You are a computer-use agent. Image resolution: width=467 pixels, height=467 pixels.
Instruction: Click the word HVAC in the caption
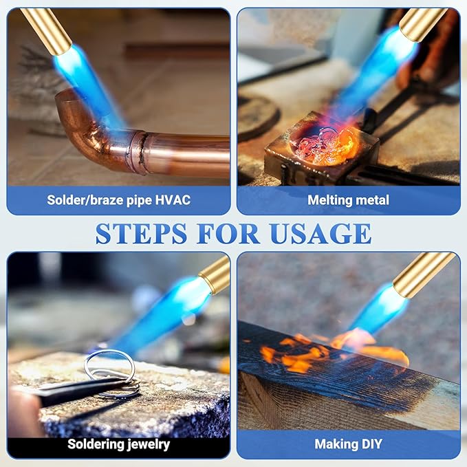tap(173, 200)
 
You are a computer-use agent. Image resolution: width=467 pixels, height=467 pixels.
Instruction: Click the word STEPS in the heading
tap(141, 234)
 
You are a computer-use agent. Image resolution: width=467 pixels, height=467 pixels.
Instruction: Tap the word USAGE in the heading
tap(321, 234)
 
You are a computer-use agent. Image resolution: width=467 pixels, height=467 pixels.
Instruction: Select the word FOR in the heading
tap(228, 234)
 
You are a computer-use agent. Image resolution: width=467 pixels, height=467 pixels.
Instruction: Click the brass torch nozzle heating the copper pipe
tap(46, 30)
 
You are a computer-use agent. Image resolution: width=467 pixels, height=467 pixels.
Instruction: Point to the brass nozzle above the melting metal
tap(422, 24)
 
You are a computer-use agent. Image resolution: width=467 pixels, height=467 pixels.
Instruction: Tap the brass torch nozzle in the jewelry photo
tap(215, 274)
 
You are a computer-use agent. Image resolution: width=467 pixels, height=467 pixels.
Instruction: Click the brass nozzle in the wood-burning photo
tap(423, 274)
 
